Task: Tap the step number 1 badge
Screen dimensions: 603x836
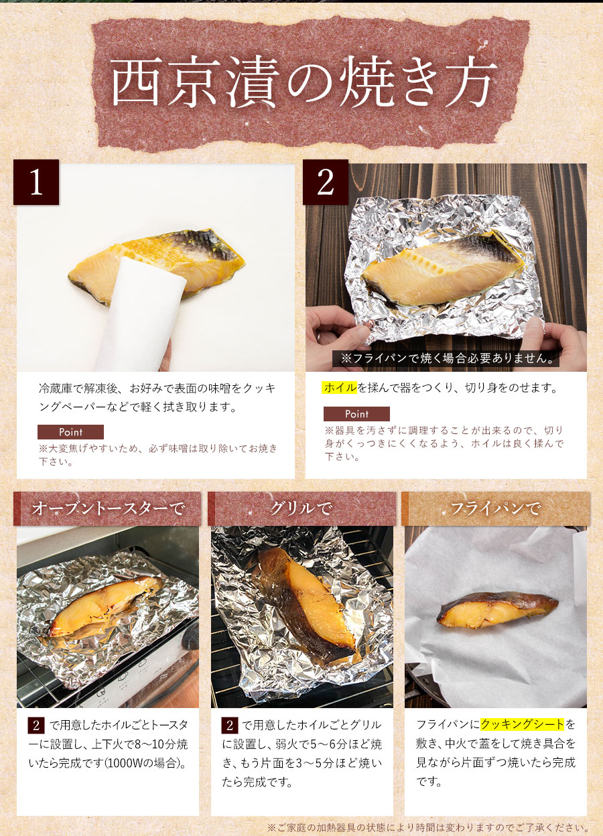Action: (36, 182)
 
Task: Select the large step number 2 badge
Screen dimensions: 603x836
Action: (325, 182)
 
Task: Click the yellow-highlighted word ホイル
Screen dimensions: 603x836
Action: (340, 388)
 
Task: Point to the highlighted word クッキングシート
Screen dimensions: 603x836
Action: (522, 724)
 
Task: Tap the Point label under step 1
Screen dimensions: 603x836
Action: (70, 432)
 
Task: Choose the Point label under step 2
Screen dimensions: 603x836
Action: (356, 414)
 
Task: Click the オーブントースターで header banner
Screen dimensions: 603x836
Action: (107, 508)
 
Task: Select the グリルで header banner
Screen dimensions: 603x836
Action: (301, 508)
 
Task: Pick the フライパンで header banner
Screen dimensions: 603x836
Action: (496, 508)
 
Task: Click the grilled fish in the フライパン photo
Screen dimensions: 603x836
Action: (498, 610)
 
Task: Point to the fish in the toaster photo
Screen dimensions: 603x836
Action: (107, 605)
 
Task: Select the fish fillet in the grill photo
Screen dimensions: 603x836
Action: (304, 605)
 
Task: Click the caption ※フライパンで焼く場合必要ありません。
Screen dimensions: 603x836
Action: (447, 358)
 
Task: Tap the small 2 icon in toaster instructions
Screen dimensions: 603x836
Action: (36, 725)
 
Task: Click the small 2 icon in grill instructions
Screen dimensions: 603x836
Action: (230, 725)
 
